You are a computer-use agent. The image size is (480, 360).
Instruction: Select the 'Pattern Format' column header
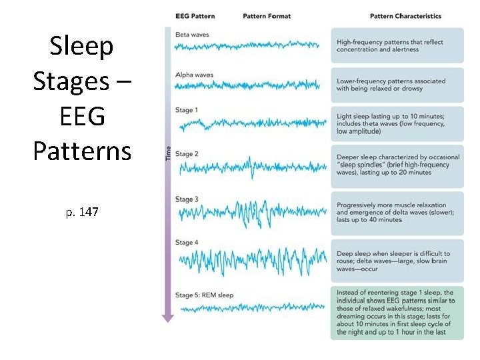[x=267, y=16]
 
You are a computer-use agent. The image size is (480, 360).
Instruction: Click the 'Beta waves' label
[x=191, y=34]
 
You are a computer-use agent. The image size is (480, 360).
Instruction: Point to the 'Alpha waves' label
[x=194, y=75]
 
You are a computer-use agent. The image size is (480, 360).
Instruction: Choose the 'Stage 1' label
[x=187, y=110]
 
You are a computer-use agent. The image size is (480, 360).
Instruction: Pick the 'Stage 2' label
[x=187, y=154]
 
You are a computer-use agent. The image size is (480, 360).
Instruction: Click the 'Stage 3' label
[x=187, y=199]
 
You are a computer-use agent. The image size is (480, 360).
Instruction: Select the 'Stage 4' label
[x=187, y=243]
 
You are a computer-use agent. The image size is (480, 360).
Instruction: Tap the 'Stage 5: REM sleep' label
[x=204, y=294]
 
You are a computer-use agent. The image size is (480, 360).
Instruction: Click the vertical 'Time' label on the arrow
[x=168, y=153]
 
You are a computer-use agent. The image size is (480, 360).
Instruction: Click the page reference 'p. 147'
[x=82, y=212]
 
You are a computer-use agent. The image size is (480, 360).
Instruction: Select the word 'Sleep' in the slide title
[x=82, y=47]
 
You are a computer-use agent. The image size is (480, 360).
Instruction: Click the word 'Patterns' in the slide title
[x=82, y=151]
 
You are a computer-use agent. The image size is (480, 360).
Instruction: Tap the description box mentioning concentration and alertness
[x=397, y=46]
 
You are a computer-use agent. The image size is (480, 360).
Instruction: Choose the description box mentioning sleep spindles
[x=397, y=165]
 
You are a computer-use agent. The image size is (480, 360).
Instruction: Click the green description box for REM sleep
[x=397, y=313]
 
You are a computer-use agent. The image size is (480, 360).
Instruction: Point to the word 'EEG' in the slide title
[x=82, y=117]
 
